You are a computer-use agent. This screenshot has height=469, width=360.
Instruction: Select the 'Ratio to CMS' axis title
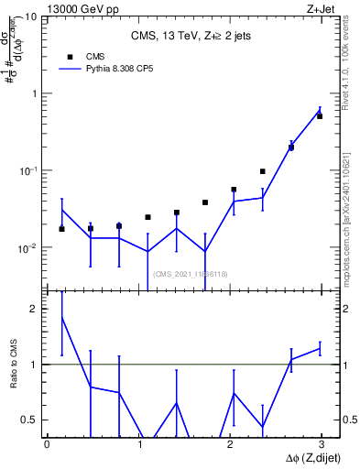click(12, 365)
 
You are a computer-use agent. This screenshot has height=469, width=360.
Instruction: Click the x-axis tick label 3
click(321, 444)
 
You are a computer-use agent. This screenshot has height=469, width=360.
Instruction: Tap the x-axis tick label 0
click(47, 444)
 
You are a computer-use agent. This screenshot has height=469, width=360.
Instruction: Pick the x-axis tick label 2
click(229, 444)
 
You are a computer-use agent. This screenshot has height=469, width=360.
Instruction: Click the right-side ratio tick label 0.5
click(350, 420)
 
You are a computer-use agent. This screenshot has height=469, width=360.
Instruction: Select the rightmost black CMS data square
click(320, 116)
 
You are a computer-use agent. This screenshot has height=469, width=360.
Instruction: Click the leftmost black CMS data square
click(61, 229)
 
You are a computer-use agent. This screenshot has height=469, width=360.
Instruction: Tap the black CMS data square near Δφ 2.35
click(262, 171)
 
